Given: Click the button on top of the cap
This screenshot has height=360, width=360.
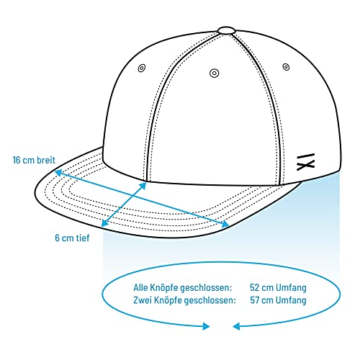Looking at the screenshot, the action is click(x=226, y=30).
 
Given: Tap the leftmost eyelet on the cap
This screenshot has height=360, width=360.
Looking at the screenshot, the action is click(x=142, y=68).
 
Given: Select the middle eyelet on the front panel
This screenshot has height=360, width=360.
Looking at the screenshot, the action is click(x=215, y=73).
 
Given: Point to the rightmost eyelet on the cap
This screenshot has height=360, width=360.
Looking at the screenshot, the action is click(x=286, y=67).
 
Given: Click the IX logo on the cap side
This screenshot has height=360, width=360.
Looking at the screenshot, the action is click(x=305, y=162).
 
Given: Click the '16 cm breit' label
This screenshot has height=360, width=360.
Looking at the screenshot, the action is click(x=34, y=160).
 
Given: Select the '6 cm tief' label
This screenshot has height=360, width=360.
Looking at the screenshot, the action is click(x=72, y=238).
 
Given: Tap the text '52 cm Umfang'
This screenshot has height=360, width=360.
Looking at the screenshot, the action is click(x=278, y=287).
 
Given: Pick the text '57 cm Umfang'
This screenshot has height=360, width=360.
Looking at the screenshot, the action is click(x=278, y=300).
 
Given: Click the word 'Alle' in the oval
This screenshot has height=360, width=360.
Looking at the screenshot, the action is click(x=140, y=287).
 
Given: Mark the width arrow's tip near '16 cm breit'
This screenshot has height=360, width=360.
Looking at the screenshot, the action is click(x=55, y=171).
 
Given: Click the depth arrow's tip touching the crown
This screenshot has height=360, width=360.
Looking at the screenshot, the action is click(x=145, y=183).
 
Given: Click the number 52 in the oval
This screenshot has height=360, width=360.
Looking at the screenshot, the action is click(x=254, y=287).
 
